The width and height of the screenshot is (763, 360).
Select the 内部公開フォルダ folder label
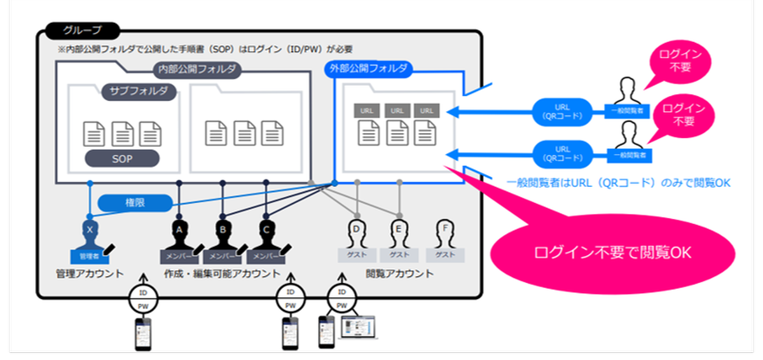pyautogui.click(x=196, y=69)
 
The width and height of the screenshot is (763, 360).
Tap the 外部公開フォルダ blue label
pyautogui.click(x=369, y=69)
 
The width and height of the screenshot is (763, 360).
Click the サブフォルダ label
pyautogui.click(x=139, y=91)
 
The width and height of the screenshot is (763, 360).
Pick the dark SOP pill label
pyautogui.click(x=122, y=158)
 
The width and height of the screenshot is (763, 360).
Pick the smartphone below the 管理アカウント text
pyautogui.click(x=143, y=333)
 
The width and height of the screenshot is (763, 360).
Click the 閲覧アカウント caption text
pyautogui.click(x=400, y=274)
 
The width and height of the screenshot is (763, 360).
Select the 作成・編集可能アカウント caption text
pyautogui.click(x=222, y=274)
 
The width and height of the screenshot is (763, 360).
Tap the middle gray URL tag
pyautogui.click(x=397, y=111)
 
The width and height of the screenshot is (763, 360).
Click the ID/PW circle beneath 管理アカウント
pyautogui.click(x=143, y=298)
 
